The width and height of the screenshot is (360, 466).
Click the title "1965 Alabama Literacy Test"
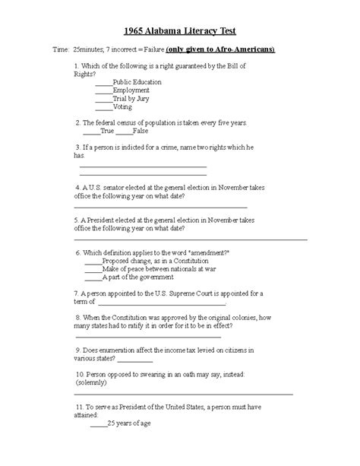click(x=180, y=30)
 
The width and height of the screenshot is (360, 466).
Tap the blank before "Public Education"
click(x=103, y=81)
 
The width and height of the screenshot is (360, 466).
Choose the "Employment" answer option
click(x=131, y=90)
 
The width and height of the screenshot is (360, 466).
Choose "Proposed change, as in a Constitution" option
click(x=155, y=260)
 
